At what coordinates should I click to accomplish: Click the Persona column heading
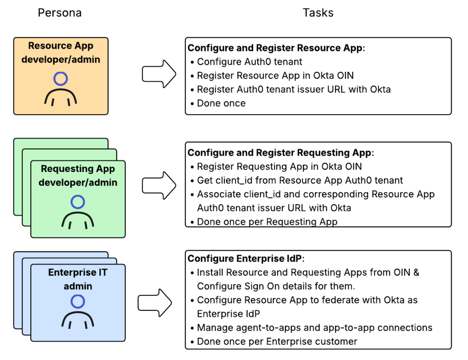pos(60,13)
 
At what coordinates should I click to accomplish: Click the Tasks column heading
pos(318,13)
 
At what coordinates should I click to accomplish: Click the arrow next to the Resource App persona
pos(159,74)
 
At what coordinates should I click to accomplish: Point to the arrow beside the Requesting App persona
pos(159,186)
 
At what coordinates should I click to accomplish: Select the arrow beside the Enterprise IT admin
pos(155,303)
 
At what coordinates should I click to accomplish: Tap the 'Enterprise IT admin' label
pos(78,279)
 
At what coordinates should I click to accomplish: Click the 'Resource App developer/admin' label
pos(61,52)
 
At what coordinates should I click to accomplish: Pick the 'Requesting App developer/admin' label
pos(78,176)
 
